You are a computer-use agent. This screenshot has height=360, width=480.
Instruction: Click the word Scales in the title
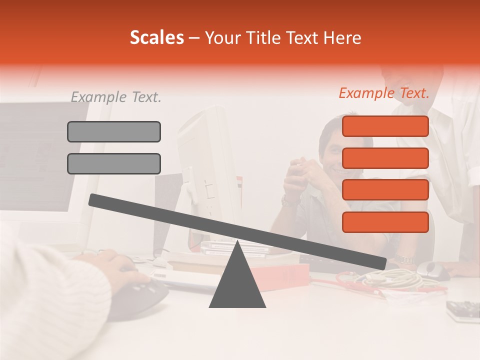(x=156, y=38)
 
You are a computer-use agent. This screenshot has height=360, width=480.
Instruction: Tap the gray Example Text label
(x=116, y=97)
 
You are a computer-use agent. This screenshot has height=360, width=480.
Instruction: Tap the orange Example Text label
(x=384, y=93)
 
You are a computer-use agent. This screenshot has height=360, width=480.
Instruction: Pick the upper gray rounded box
(x=114, y=131)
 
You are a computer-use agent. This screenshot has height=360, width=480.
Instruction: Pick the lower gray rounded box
(x=114, y=163)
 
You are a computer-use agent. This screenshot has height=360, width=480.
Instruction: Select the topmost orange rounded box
(x=385, y=126)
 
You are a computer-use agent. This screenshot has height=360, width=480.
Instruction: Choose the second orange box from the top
(x=385, y=158)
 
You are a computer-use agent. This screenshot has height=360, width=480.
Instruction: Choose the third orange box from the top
(x=385, y=190)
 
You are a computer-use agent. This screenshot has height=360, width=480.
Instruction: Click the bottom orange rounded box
(x=385, y=222)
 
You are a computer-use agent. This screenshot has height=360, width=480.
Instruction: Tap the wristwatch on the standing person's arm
(x=403, y=259)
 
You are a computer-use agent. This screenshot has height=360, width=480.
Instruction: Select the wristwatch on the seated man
(x=288, y=201)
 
